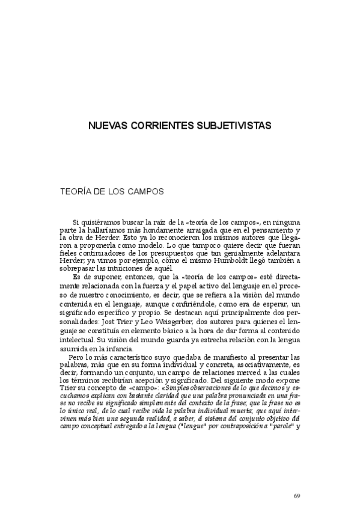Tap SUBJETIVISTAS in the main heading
point(234,126)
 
